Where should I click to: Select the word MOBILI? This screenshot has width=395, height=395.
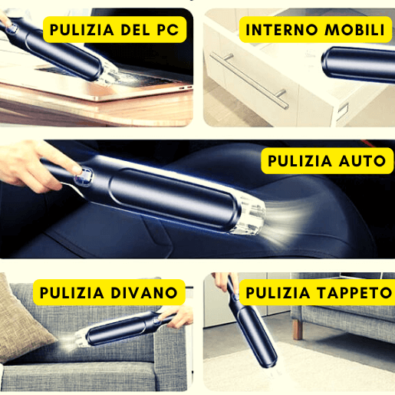(x=355, y=30)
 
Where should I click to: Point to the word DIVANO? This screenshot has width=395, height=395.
(x=144, y=292)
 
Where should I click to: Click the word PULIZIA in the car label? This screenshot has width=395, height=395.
(x=300, y=161)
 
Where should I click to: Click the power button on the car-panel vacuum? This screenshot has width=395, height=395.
(x=84, y=176)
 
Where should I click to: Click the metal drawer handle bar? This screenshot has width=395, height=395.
(x=249, y=81)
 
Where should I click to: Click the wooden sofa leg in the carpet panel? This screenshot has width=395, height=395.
(x=298, y=330)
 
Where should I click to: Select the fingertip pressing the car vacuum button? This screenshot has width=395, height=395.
(x=76, y=169)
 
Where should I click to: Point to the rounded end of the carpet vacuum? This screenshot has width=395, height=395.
(x=269, y=360)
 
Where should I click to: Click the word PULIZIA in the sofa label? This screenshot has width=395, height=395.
(x=72, y=292)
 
